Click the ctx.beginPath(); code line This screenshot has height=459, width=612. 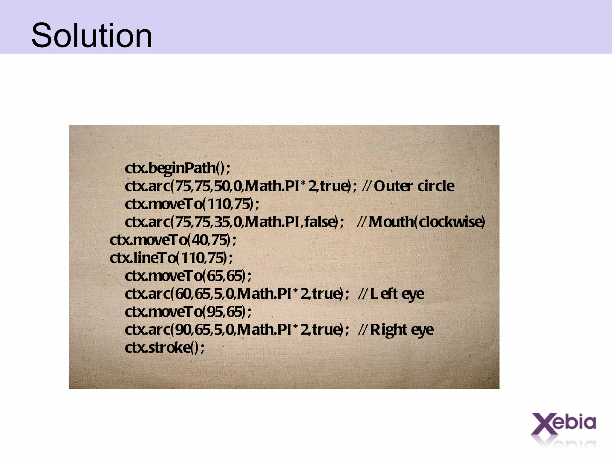click(178, 168)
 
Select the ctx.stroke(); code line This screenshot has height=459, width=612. click(165, 347)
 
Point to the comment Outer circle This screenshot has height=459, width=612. click(414, 186)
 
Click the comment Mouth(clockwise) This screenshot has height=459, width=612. click(426, 222)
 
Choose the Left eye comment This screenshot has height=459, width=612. click(397, 294)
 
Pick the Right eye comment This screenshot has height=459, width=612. click(402, 330)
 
